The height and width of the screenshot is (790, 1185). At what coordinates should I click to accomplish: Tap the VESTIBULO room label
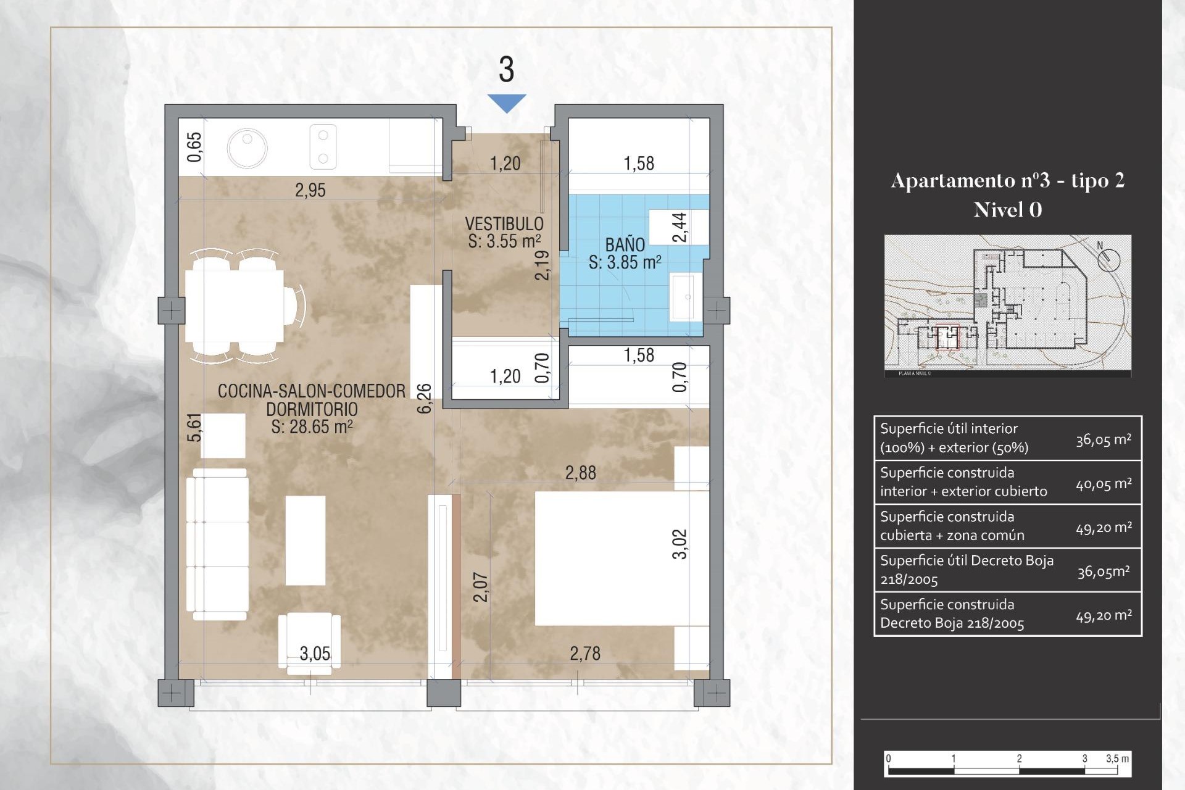pos(504,223)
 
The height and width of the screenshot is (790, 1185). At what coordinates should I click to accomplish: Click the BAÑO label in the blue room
pos(625,244)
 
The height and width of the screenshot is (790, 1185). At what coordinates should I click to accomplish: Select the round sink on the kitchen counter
pos(247,149)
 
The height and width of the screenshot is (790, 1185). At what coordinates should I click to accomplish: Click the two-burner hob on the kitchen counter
pos(323,147)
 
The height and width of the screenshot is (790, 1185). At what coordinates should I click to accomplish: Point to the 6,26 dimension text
pos(425,398)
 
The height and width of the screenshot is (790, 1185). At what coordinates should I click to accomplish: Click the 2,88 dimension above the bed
pos(580,473)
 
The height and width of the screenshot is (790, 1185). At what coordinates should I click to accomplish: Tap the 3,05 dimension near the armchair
pos(315,654)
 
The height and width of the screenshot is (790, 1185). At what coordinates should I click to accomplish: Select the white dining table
pos(235,307)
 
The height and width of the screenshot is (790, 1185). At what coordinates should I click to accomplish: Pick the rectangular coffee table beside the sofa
pos(305,541)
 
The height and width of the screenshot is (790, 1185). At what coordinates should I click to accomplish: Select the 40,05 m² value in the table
pos(1103,484)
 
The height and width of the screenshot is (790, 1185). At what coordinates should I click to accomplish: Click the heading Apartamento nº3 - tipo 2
pos(1007,180)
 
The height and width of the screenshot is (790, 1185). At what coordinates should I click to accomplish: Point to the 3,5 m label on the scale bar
pos(1116,759)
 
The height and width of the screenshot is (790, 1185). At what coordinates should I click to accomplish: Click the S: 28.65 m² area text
pos(312,427)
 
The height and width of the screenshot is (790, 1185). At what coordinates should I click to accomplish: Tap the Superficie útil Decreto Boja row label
pos(966,570)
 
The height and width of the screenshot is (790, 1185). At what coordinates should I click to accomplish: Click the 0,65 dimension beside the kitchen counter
pos(194,147)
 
